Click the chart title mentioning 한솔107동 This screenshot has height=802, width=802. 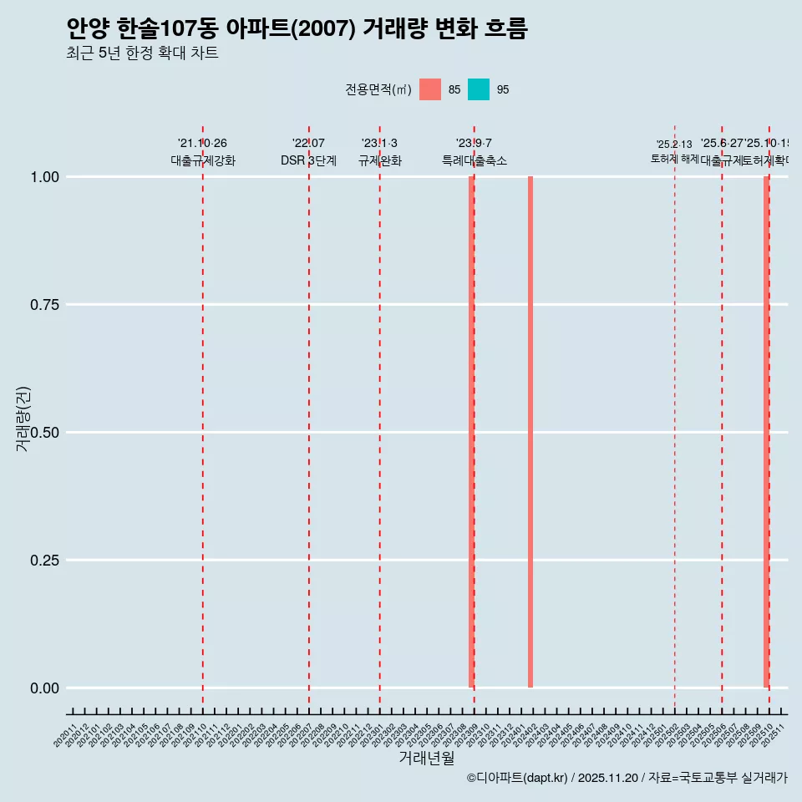point(297,29)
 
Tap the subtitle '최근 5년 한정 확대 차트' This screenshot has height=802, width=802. point(142,53)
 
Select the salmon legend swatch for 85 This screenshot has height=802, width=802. point(430,89)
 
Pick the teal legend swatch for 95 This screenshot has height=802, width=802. point(479,89)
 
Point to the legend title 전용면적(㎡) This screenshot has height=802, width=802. point(378,89)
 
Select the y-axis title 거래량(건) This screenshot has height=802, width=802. point(23,419)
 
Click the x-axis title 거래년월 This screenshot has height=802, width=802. point(427,758)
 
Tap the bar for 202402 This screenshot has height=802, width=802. point(530,432)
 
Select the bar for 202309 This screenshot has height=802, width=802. point(471,432)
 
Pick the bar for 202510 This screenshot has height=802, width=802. point(766,432)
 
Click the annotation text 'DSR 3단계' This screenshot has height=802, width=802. point(308,161)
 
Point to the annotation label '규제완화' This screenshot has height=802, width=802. point(380,161)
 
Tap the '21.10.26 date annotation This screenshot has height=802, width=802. point(202,144)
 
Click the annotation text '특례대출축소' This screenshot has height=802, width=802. point(475,161)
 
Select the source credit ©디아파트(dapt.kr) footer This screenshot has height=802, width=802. point(627,778)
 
